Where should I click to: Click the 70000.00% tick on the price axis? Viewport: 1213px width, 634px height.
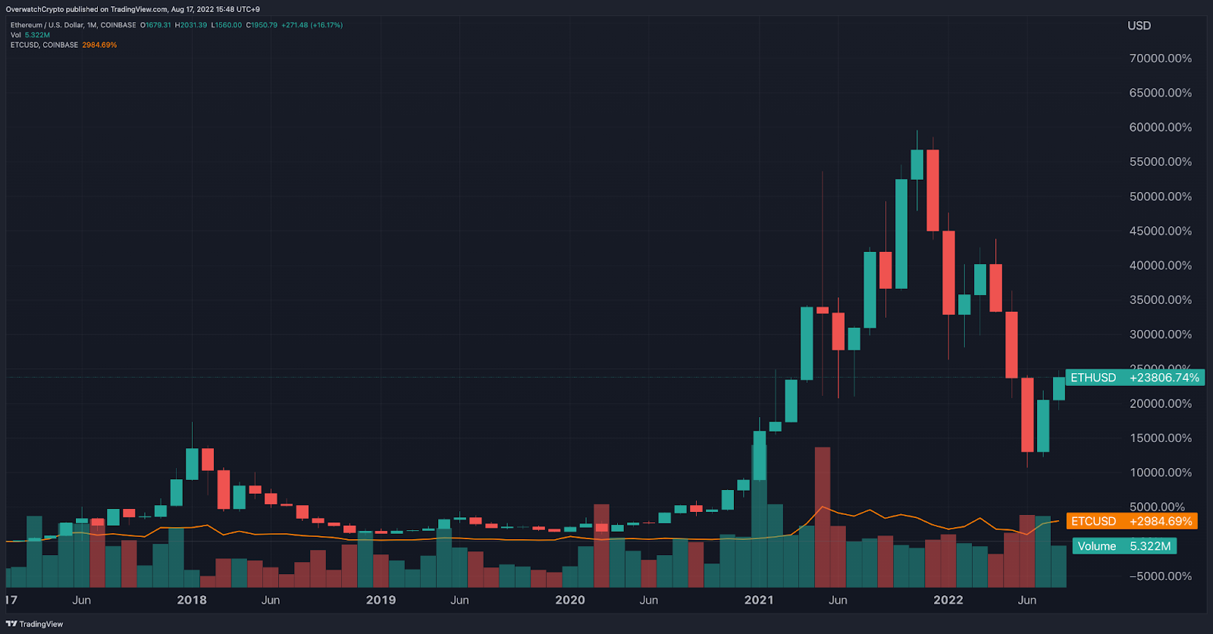pyautogui.click(x=1160, y=58)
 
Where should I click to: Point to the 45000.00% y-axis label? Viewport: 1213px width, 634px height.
pyautogui.click(x=1160, y=231)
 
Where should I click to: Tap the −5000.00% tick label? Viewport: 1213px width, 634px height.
pyautogui.click(x=1160, y=576)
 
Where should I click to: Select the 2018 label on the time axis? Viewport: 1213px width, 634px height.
pyautogui.click(x=192, y=600)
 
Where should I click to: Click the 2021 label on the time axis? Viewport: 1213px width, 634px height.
pyautogui.click(x=759, y=600)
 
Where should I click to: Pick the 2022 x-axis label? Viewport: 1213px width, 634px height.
pyautogui.click(x=948, y=600)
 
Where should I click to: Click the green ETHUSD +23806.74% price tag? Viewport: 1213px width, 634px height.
pyautogui.click(x=1135, y=378)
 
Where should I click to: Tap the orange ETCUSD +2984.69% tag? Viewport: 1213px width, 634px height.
pyautogui.click(x=1132, y=521)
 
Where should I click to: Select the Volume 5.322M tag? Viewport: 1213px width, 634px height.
pyautogui.click(x=1124, y=546)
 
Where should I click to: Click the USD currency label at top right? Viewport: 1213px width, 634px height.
pyautogui.click(x=1139, y=26)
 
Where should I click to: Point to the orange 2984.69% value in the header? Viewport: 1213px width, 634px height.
pyautogui.click(x=99, y=46)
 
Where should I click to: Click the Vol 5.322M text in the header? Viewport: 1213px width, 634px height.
pyautogui.click(x=30, y=35)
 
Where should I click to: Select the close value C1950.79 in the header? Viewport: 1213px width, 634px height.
pyautogui.click(x=262, y=25)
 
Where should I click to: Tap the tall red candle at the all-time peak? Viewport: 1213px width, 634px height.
pyautogui.click(x=932, y=190)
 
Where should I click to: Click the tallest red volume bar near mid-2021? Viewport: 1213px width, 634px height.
pyautogui.click(x=823, y=516)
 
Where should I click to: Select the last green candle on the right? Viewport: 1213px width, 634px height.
pyautogui.click(x=1059, y=388)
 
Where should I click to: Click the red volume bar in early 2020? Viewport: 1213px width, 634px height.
pyautogui.click(x=601, y=545)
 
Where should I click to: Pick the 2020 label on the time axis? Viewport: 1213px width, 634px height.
pyautogui.click(x=570, y=600)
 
